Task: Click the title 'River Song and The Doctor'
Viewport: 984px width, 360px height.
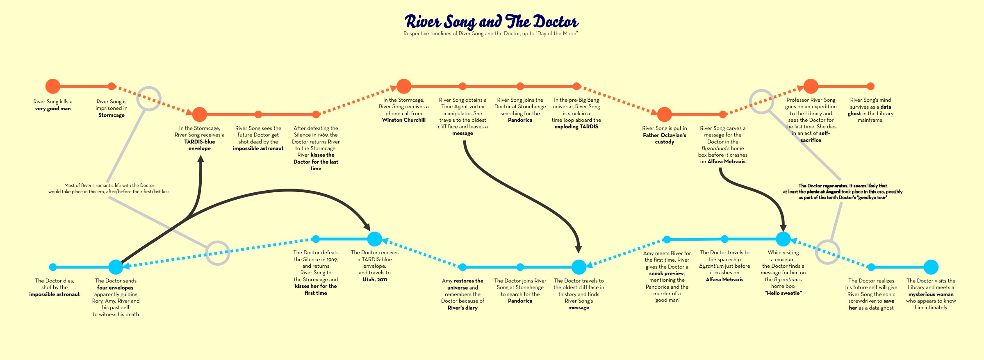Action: (x=491, y=21)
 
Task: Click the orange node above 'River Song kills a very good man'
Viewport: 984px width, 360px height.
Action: (x=53, y=86)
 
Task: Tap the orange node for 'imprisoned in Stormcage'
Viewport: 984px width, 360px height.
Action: (x=112, y=86)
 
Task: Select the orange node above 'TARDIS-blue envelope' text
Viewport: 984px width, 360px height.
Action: (x=200, y=114)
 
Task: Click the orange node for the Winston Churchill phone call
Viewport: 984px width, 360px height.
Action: (x=404, y=86)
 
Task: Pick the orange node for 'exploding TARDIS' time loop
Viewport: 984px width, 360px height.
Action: (x=576, y=86)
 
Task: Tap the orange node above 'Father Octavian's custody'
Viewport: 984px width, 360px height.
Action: (x=664, y=114)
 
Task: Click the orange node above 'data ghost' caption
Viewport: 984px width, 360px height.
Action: (x=870, y=86)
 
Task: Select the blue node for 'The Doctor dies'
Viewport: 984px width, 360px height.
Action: (x=53, y=267)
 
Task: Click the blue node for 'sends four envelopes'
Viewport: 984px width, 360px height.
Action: (x=116, y=267)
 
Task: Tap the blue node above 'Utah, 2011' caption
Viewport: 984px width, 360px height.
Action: (x=374, y=239)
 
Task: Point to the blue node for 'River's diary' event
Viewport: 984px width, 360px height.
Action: (x=462, y=267)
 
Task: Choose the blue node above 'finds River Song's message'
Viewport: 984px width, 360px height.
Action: (x=579, y=267)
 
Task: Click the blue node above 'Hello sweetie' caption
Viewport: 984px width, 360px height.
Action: (x=783, y=239)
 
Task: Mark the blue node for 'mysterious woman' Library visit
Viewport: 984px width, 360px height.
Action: (x=931, y=267)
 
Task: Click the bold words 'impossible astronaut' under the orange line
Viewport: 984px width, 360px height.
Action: (x=258, y=148)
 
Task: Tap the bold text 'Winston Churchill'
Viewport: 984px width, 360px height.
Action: (x=404, y=120)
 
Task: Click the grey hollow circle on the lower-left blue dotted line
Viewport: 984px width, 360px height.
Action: (x=217, y=253)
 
